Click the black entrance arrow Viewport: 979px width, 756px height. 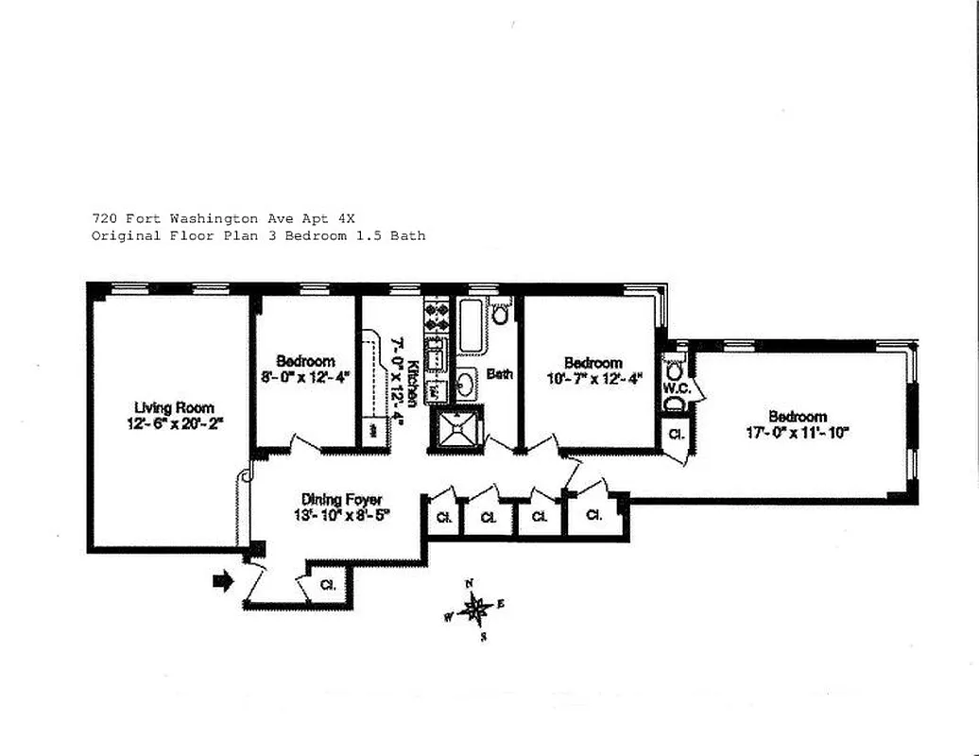223,582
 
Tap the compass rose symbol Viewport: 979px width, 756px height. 475,610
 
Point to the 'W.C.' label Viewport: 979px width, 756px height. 675,387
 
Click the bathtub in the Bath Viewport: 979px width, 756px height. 471,327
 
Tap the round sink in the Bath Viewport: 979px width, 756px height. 466,383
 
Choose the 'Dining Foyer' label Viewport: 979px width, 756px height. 341,499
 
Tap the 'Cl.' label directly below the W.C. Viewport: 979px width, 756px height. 676,434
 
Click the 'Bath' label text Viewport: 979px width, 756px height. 500,374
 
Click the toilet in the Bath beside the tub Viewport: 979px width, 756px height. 500,313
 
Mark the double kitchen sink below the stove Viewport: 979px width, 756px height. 436,358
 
